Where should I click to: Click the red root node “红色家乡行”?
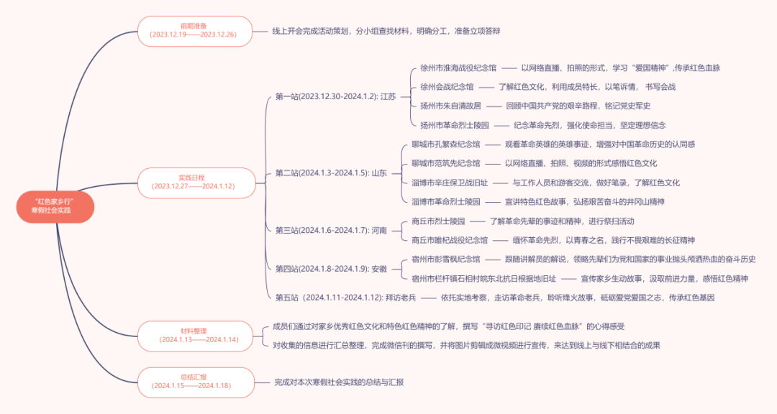point(55,205)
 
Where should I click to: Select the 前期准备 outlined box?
point(195,31)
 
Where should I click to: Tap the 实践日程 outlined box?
point(195,182)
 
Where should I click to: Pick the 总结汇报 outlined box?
point(195,382)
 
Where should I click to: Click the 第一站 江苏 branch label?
point(335,96)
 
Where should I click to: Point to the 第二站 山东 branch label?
point(331,172)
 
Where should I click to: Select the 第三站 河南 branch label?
point(331,230)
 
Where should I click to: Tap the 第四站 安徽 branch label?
point(331,268)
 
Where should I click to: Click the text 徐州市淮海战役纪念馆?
point(458,68)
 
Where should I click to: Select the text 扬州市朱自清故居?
point(450,106)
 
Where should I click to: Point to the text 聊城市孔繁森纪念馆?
point(445,144)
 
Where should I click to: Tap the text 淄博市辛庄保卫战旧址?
point(449,183)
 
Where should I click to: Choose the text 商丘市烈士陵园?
point(438,221)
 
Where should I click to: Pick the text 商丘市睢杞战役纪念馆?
point(449,239)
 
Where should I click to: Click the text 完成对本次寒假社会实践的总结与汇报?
point(339,382)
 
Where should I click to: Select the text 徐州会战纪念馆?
point(447,87)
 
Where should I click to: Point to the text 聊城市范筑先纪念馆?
point(445,163)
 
